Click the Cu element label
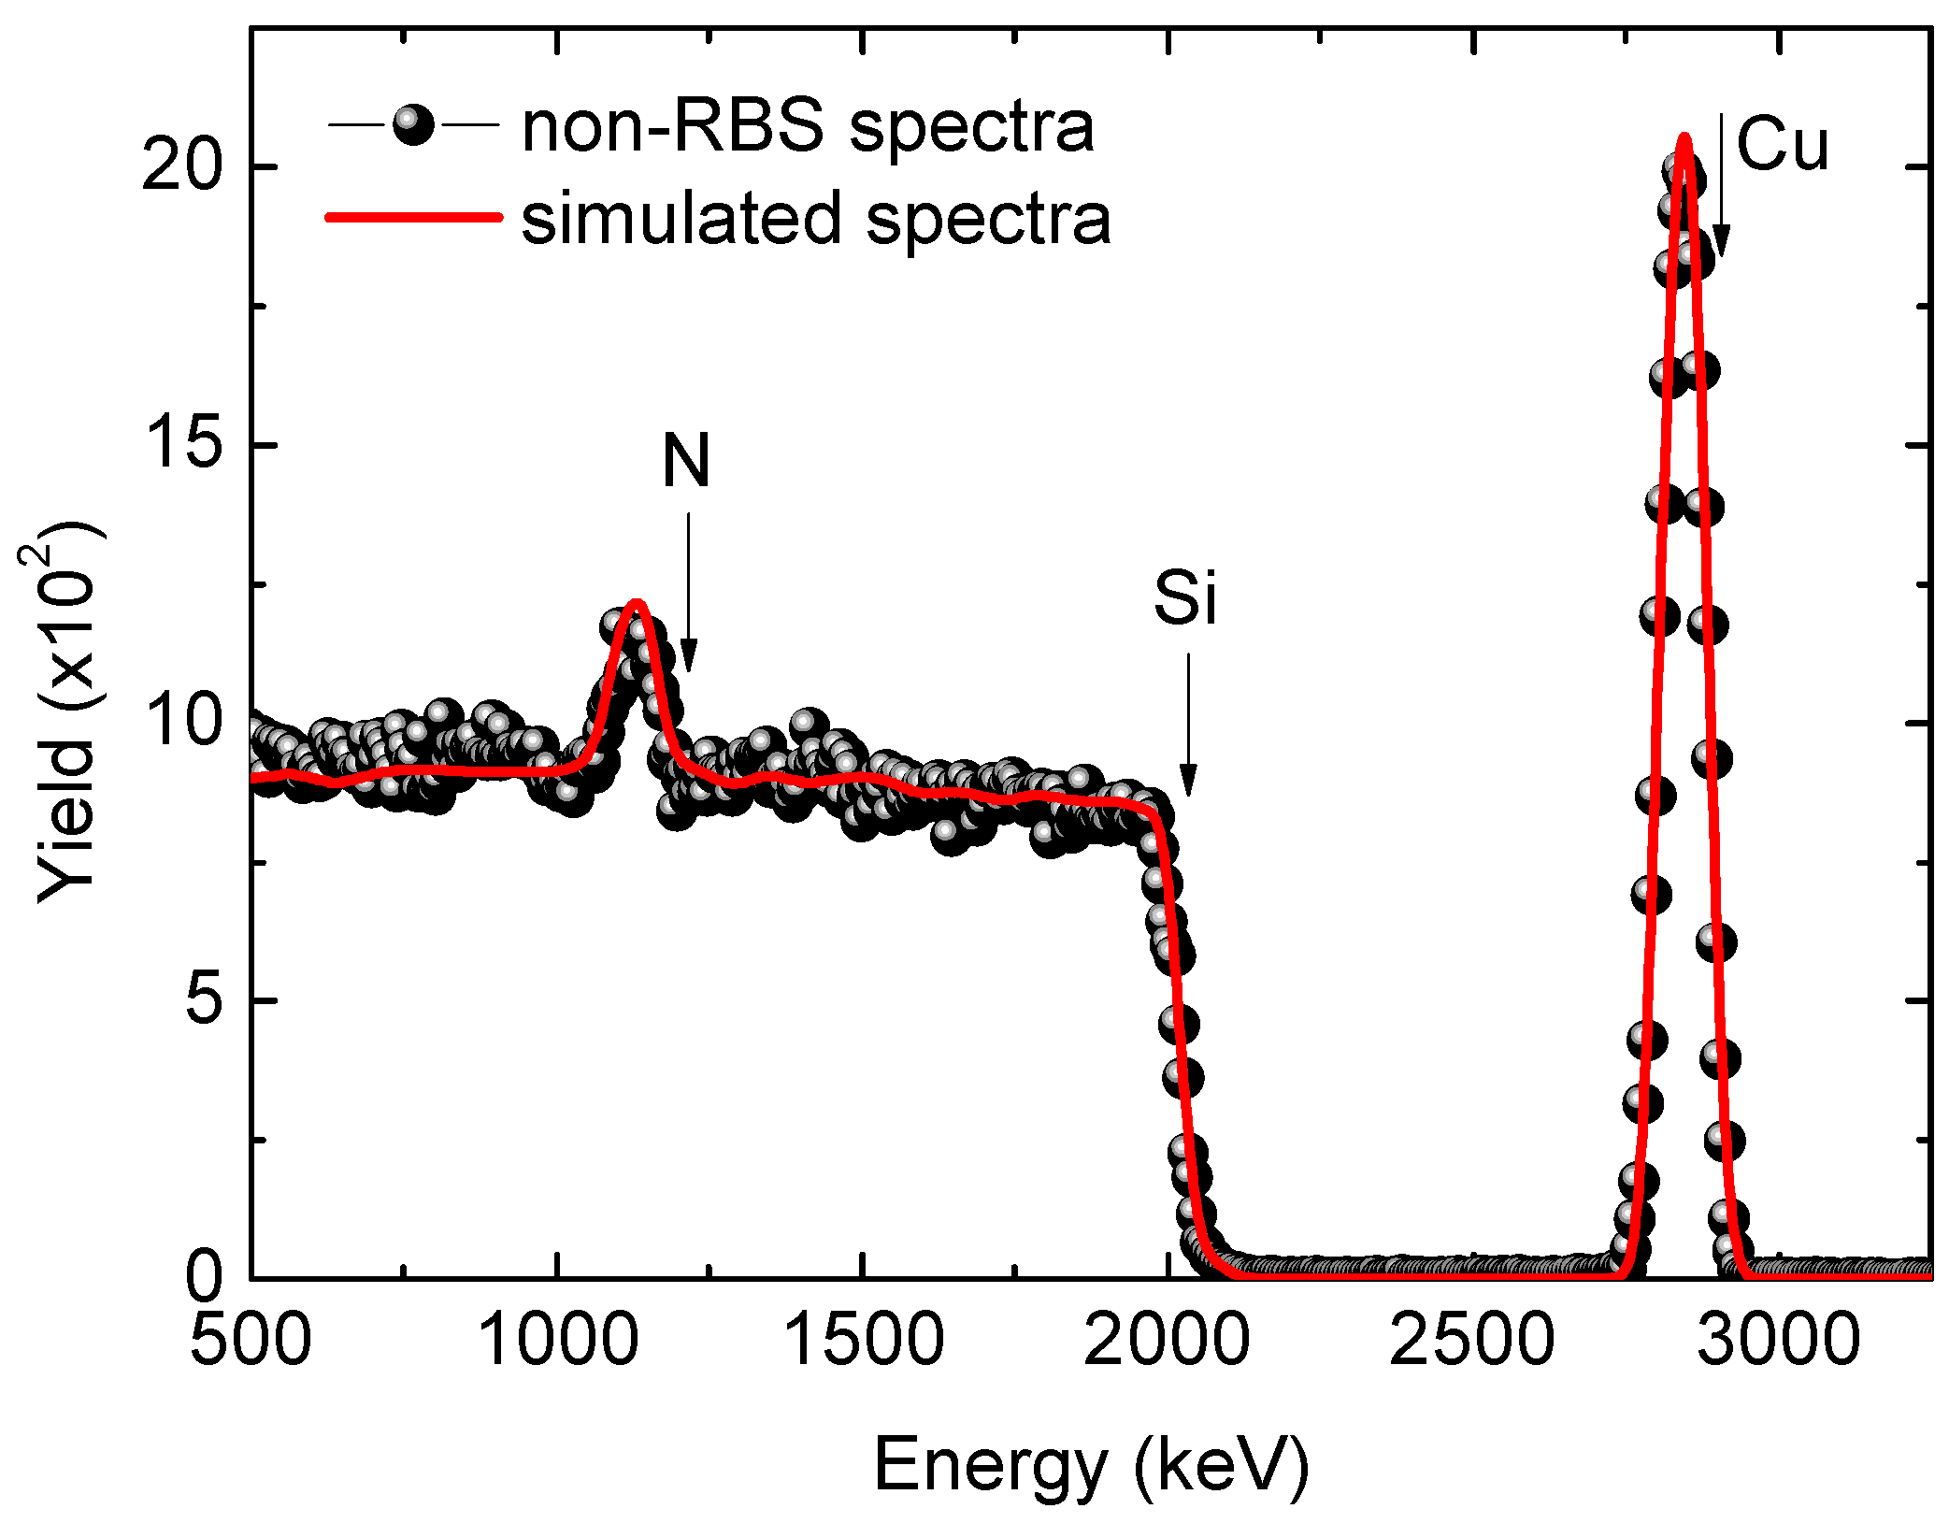pyautogui.click(x=1782, y=146)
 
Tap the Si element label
pyautogui.click(x=1185, y=598)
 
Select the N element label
pyautogui.click(x=687, y=461)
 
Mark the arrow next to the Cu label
pyautogui.click(x=1720, y=187)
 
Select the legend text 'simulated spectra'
pyautogui.click(x=816, y=219)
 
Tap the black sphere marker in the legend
pyautogui.click(x=412, y=125)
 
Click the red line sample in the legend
pyautogui.click(x=412, y=217)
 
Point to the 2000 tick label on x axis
pyautogui.click(x=1167, y=1339)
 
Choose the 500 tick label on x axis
pyautogui.click(x=251, y=1339)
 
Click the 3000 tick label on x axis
pyautogui.click(x=1778, y=1339)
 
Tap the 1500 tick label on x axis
pyautogui.click(x=862, y=1339)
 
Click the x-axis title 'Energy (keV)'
pyautogui.click(x=1091, y=1466)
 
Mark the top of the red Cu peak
pyautogui.click(x=1684, y=137)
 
